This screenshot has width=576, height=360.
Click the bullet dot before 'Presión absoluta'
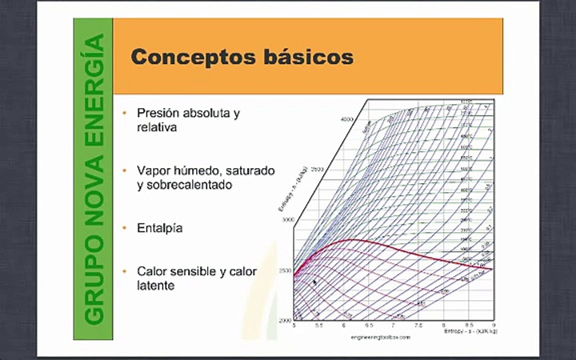124,113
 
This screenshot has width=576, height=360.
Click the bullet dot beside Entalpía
124,228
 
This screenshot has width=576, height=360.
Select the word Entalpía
159,228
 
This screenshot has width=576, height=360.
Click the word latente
155,285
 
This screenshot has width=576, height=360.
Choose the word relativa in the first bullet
156,127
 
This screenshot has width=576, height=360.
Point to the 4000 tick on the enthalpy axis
347,119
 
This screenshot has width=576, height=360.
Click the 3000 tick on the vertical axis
286,220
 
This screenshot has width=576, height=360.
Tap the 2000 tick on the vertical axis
285,320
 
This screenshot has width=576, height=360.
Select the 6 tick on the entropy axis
344,325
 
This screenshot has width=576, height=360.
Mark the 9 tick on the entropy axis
493,325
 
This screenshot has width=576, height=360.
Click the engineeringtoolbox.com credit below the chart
380,337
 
